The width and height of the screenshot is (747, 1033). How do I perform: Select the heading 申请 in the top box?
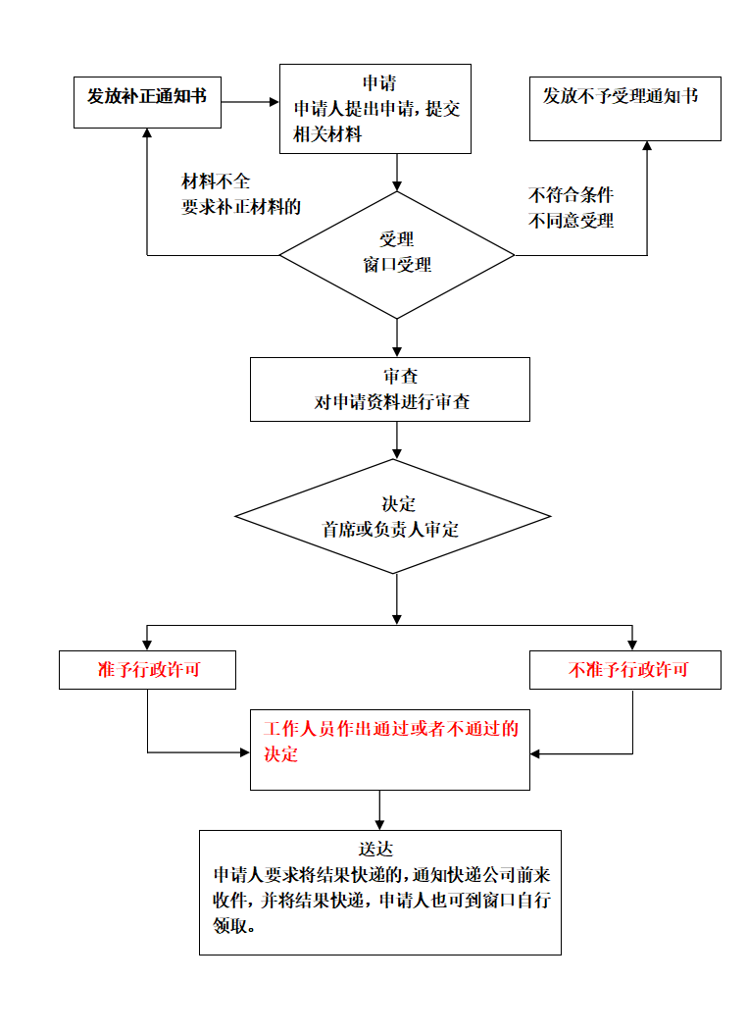coord(378,83)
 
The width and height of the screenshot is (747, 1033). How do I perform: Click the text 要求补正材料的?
coord(241,207)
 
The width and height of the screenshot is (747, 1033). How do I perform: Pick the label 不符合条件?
coord(571,194)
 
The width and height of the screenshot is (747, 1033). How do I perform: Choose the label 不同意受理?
coord(571,221)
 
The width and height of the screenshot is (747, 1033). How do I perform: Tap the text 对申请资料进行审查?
coord(391,402)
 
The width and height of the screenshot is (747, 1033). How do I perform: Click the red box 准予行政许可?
coord(148,670)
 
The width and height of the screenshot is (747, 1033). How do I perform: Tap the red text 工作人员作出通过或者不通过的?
coord(390,729)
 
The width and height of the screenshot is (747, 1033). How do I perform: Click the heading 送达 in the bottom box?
coord(375,850)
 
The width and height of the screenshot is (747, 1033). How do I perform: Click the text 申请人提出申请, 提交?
coord(376,109)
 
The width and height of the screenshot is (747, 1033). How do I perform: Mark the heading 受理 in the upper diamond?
coord(396,239)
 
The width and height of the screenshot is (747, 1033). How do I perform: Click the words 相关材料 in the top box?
coord(327,134)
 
